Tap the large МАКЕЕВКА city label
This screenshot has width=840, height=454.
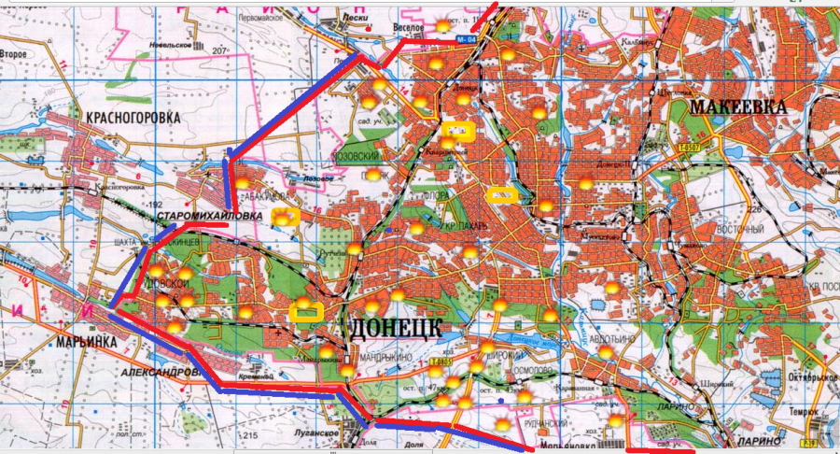click(737, 106)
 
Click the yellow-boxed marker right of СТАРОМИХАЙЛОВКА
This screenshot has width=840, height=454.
click(285, 217)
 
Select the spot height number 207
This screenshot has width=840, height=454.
click(221, 50)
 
